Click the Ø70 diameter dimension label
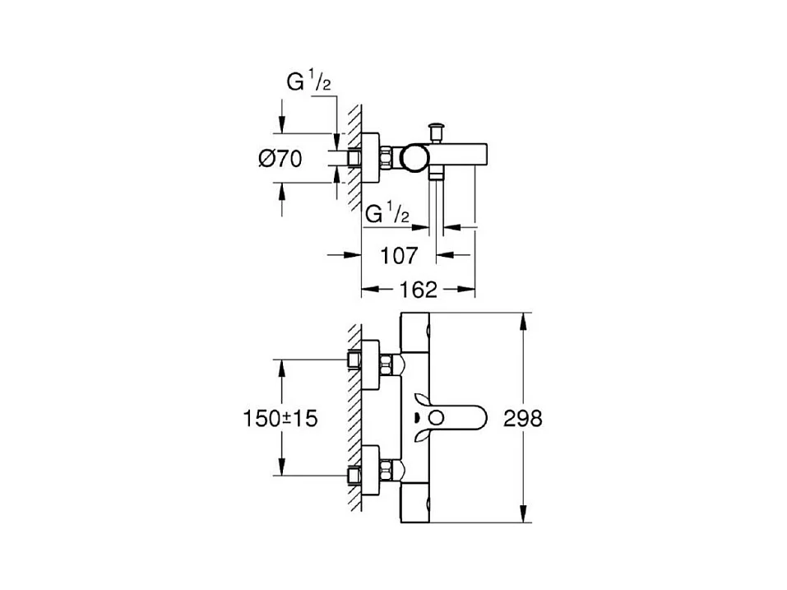coord(280,159)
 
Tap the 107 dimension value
coord(399,256)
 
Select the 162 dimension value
coord(418,290)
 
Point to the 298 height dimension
coord(522,418)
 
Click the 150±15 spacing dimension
coord(280,418)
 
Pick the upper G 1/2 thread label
coord(308,81)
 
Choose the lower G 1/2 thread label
coord(387,213)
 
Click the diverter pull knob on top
coord(435,132)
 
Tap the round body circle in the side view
coord(414,157)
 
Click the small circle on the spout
coord(437,418)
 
